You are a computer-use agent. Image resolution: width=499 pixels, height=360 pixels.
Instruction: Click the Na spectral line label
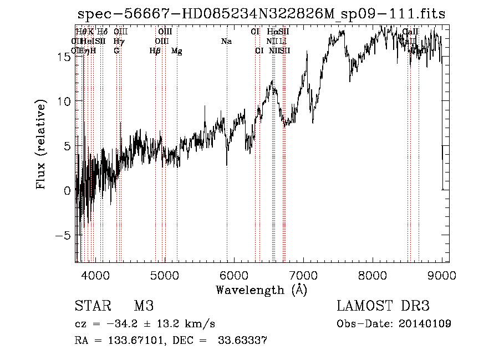click(x=226, y=42)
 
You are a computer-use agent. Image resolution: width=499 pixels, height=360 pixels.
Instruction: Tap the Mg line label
click(x=177, y=51)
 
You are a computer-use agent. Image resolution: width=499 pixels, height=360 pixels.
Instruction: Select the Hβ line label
click(x=155, y=51)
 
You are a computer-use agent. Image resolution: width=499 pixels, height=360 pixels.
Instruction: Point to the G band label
click(x=116, y=51)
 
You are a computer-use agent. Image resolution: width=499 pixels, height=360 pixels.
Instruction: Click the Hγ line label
click(x=118, y=42)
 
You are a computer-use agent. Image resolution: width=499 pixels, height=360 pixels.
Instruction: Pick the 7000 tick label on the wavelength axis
click(x=303, y=275)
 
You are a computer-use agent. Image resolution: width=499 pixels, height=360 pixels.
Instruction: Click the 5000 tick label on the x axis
click(x=164, y=275)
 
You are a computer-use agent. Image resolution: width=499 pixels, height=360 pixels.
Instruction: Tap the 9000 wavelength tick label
click(x=442, y=275)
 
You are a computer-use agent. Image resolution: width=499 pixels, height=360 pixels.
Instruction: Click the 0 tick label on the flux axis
click(x=67, y=191)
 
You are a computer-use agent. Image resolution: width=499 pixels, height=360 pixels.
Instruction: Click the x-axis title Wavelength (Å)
click(x=261, y=290)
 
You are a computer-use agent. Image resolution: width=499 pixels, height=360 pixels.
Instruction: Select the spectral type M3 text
click(x=144, y=306)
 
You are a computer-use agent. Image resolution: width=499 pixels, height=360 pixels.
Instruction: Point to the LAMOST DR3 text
click(x=383, y=306)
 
